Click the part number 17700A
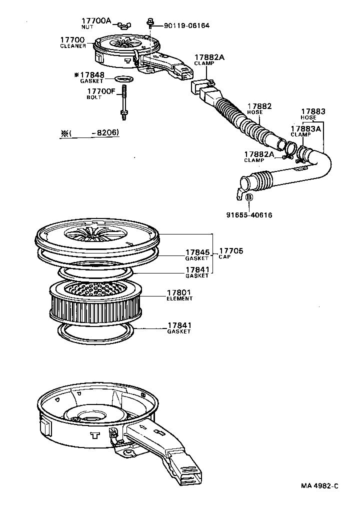coord(96,21)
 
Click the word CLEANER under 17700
coord(73,46)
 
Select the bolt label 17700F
coord(100,91)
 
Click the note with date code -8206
coord(90,133)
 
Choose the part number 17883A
coord(305,128)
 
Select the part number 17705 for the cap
coord(230,250)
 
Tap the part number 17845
coord(197,252)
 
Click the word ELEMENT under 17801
coord(180,298)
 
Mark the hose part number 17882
coord(259,106)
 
